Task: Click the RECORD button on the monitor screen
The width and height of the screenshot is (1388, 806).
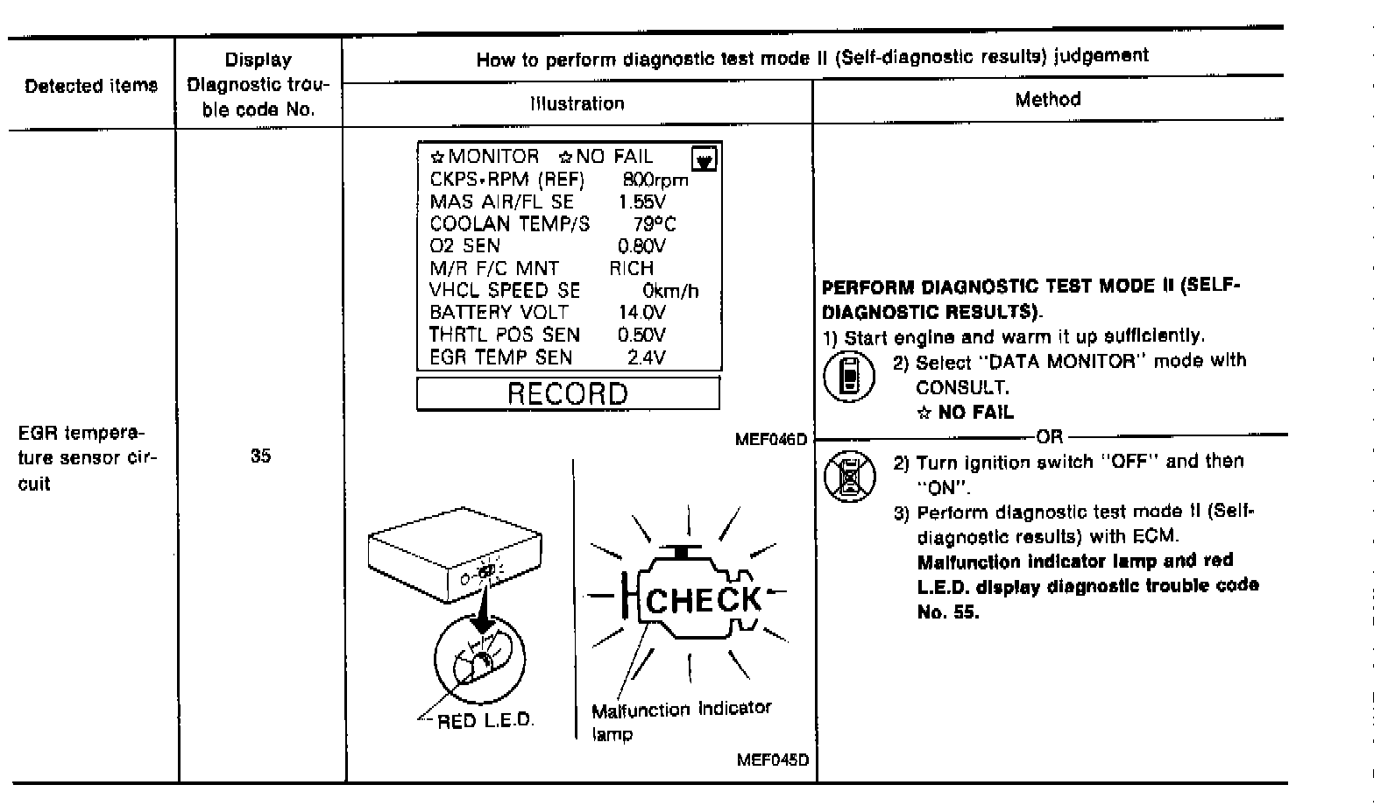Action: pos(568,393)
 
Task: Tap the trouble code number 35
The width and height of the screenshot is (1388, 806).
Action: pos(260,456)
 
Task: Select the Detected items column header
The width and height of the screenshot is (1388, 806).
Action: pos(91,86)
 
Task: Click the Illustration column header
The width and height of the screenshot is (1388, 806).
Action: pos(577,103)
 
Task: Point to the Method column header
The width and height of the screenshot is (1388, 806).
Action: pos(1047,100)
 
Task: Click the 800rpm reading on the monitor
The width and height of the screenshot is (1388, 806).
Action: pos(655,180)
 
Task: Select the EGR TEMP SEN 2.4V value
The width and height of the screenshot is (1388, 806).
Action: pos(646,357)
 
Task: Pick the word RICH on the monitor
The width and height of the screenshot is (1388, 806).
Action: pos(631,268)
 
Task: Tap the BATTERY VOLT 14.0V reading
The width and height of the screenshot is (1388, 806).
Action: pos(641,313)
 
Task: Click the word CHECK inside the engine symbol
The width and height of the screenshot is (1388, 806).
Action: pos(704,600)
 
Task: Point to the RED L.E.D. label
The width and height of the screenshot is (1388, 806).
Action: pos(485,721)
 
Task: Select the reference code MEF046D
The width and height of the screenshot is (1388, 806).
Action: pos(771,439)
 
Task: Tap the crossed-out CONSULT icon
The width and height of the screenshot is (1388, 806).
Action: pos(849,476)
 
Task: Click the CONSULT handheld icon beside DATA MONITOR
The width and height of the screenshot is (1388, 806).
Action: pos(848,377)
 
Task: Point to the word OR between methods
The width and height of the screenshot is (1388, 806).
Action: pos(1049,435)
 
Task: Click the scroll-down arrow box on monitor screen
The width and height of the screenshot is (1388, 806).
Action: pos(705,159)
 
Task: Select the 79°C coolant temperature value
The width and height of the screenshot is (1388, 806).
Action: pos(655,224)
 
